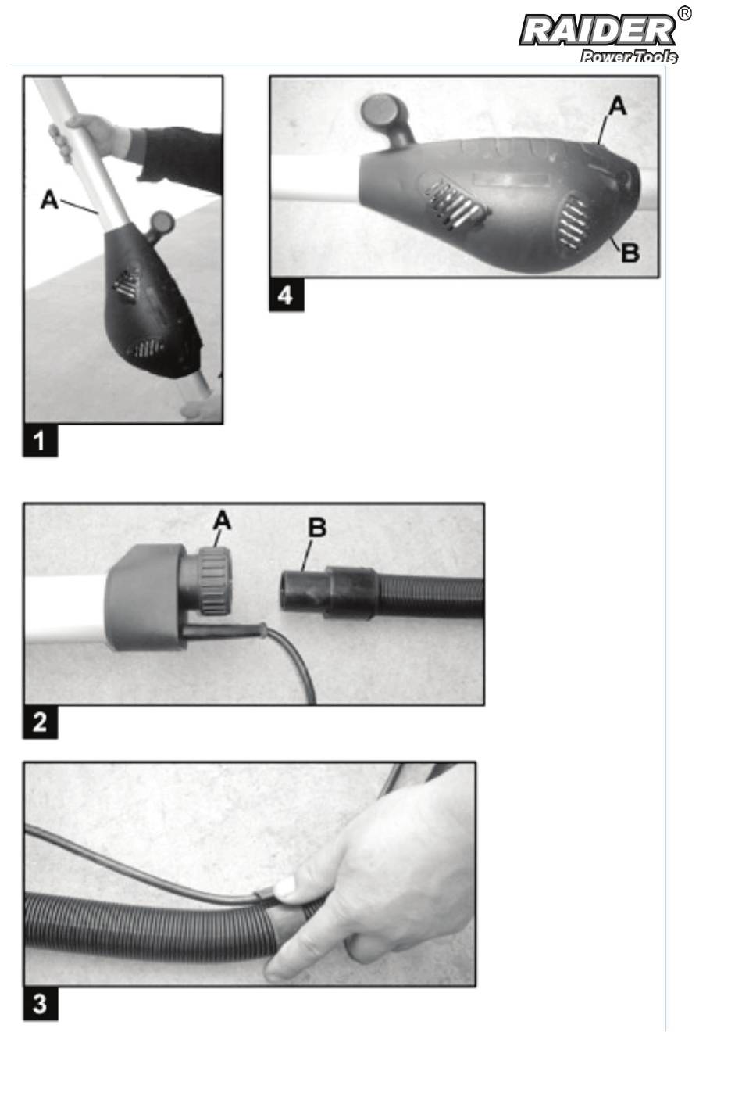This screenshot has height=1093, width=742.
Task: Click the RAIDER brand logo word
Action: (x=598, y=31)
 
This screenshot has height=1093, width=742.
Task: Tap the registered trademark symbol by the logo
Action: (x=684, y=13)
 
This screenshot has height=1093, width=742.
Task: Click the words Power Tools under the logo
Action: (x=629, y=56)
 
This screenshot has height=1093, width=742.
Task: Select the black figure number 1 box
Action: (x=41, y=441)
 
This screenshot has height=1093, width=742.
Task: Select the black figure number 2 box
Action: (x=41, y=722)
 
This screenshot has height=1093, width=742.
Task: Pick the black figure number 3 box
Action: (x=41, y=1004)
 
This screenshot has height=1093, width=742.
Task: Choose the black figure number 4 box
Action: (x=286, y=295)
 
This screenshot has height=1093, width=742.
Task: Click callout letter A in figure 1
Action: (x=50, y=199)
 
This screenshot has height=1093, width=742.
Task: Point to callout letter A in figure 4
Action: (x=618, y=106)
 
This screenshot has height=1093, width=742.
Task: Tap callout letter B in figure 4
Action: (x=630, y=253)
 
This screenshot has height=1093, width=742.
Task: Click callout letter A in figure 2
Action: (x=222, y=520)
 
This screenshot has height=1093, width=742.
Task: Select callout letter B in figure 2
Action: (x=317, y=528)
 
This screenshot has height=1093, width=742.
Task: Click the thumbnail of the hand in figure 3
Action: (x=286, y=886)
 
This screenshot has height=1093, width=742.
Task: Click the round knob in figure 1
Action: (x=162, y=224)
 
